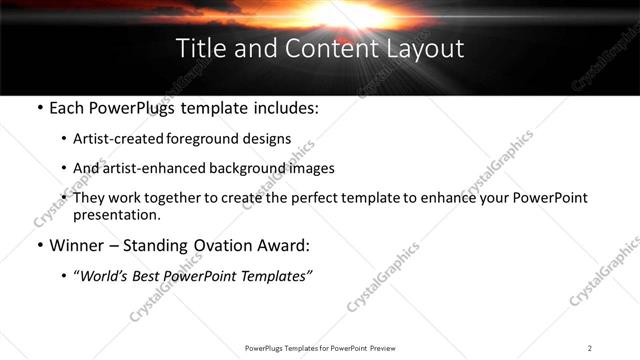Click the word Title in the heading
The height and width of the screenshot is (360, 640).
[198, 47]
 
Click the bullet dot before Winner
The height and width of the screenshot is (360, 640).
[38, 245]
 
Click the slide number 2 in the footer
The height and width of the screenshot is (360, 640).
[590, 348]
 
